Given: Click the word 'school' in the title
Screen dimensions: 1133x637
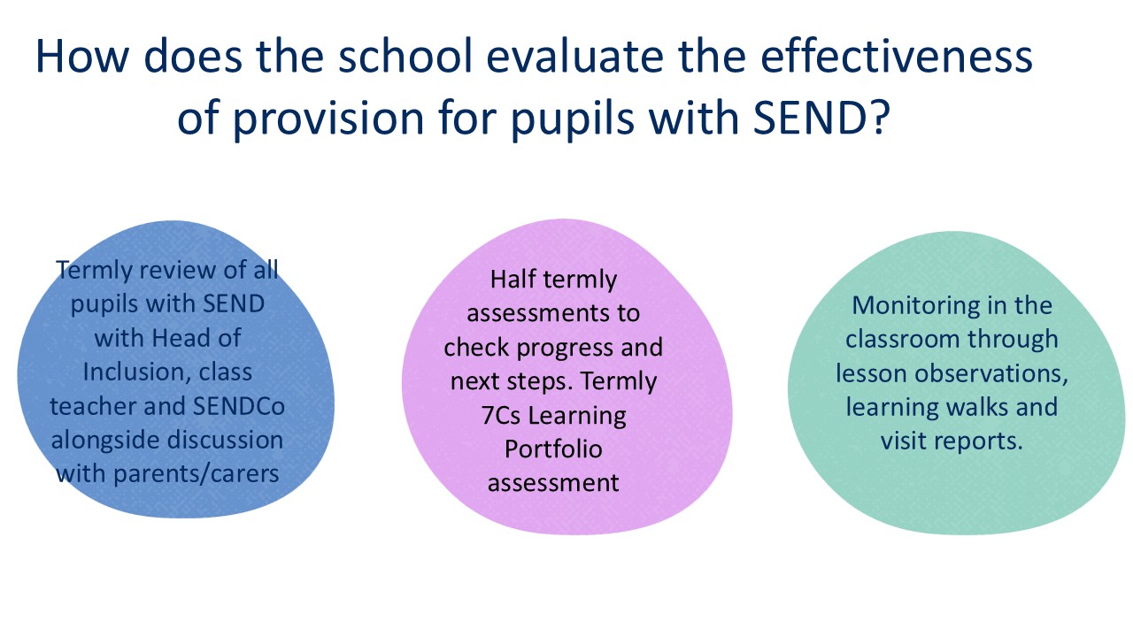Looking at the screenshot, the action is pyautogui.click(x=405, y=56).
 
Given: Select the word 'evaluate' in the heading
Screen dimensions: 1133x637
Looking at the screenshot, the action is pyautogui.click(x=575, y=56).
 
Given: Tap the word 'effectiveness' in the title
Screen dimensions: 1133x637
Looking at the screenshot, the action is pyautogui.click(x=897, y=56).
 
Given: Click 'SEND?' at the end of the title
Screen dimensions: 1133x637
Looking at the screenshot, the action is pyautogui.click(x=821, y=118).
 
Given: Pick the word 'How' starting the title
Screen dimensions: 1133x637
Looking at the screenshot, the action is pyautogui.click(x=82, y=56).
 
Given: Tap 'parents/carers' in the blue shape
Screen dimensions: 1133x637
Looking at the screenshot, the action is pyautogui.click(x=196, y=475).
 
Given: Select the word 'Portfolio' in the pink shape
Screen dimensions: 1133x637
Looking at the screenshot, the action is pyautogui.click(x=553, y=449).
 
